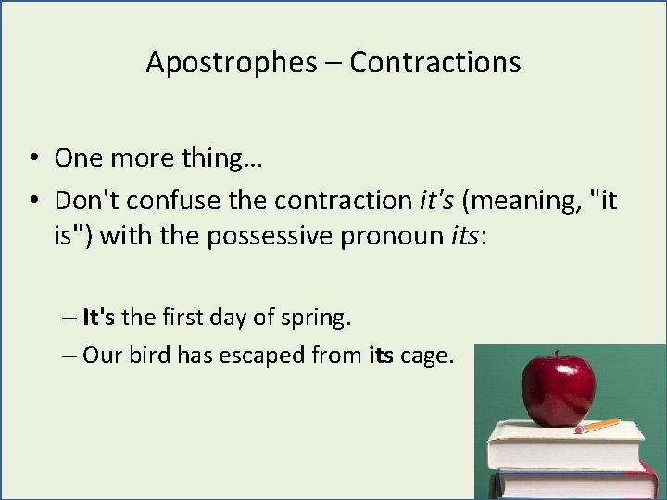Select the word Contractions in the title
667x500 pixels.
tap(435, 63)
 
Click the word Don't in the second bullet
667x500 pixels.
tap(84, 200)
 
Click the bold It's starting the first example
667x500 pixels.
tap(99, 318)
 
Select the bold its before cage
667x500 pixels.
tap(382, 356)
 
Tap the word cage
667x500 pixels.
tap(427, 356)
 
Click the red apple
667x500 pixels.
tap(557, 388)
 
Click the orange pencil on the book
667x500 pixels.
tap(600, 426)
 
